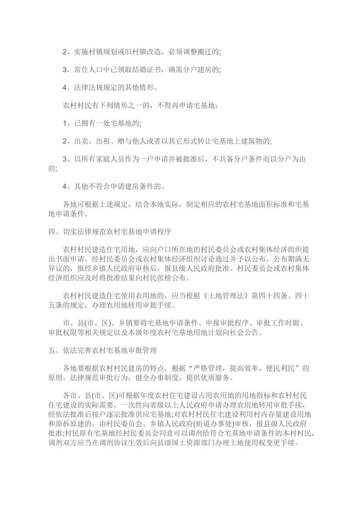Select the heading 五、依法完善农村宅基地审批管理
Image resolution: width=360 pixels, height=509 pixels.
pyautogui.click(x=102, y=351)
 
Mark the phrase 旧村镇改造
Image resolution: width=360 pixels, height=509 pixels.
pyautogui.click(x=148, y=52)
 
